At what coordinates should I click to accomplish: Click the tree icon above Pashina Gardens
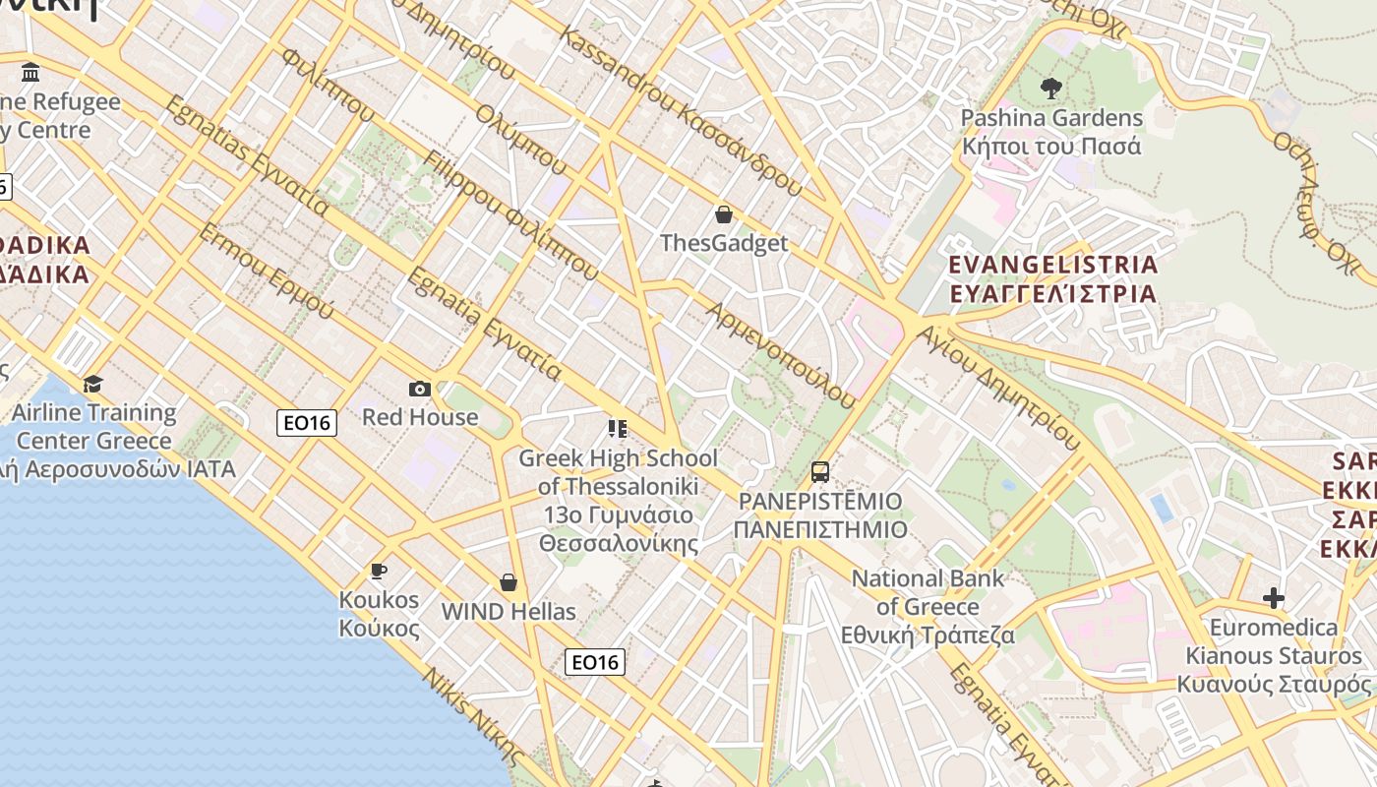1050,89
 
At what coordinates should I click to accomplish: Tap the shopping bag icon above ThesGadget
724,214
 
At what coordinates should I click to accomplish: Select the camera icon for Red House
420,390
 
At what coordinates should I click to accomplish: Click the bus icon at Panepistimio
820,472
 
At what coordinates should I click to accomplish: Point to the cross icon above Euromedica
1274,598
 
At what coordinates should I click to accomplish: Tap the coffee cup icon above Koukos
378,571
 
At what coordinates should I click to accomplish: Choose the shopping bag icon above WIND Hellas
509,582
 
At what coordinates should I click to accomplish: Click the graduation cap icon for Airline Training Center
93,384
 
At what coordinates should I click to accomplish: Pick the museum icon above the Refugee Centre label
30,73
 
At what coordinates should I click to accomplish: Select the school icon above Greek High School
618,429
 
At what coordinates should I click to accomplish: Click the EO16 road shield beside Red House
307,423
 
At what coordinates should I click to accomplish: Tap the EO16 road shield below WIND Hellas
595,662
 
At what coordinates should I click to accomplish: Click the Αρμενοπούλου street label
782,354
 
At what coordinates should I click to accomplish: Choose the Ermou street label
266,271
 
